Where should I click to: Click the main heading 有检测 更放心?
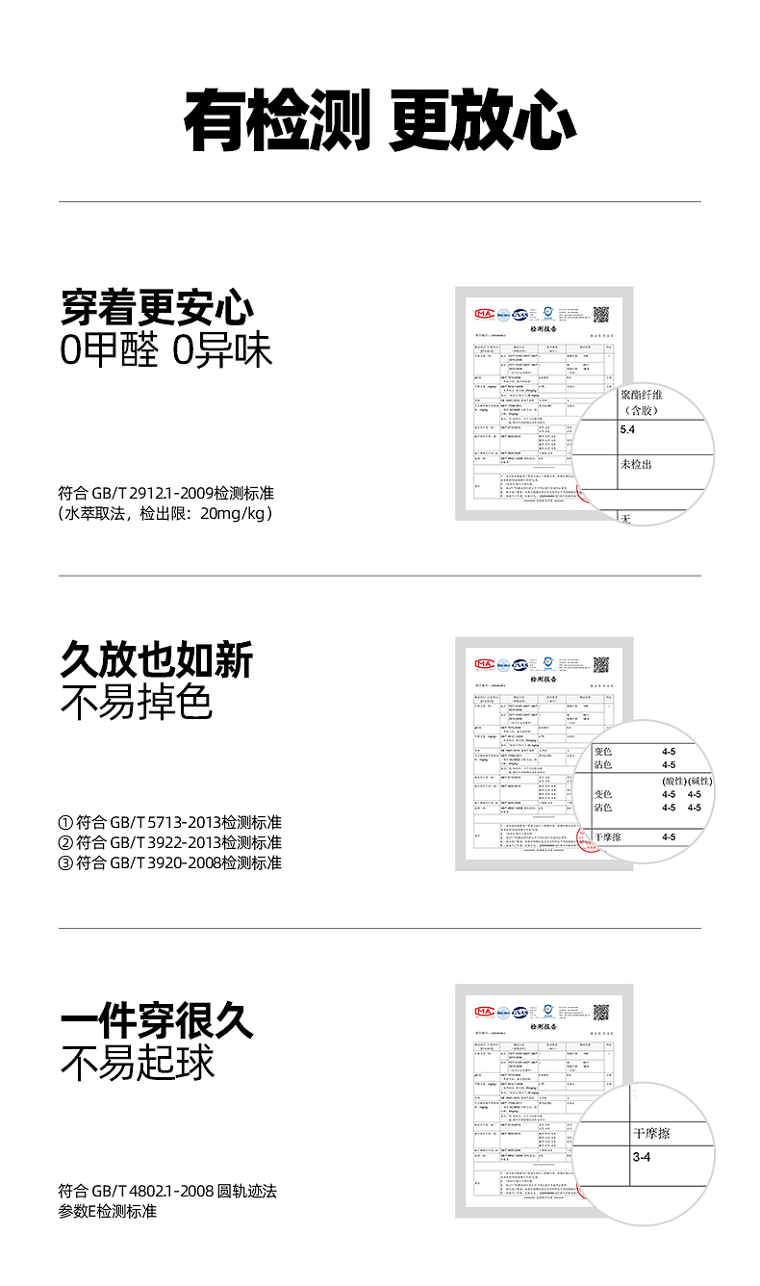click(x=379, y=120)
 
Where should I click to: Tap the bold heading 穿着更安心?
click(x=157, y=307)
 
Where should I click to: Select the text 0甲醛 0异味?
click(x=166, y=351)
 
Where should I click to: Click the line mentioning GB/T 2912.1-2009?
click(x=166, y=493)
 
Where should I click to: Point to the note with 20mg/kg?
click(x=166, y=513)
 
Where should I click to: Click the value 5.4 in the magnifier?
click(x=628, y=429)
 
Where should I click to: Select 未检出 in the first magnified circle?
click(x=636, y=465)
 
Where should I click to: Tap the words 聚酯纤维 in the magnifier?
click(x=642, y=395)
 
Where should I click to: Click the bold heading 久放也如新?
click(x=157, y=660)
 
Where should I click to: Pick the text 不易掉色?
click(x=136, y=703)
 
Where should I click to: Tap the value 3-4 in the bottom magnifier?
click(x=642, y=1156)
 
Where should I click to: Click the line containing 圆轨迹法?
click(x=167, y=1191)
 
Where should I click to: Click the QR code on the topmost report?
click(x=602, y=314)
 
